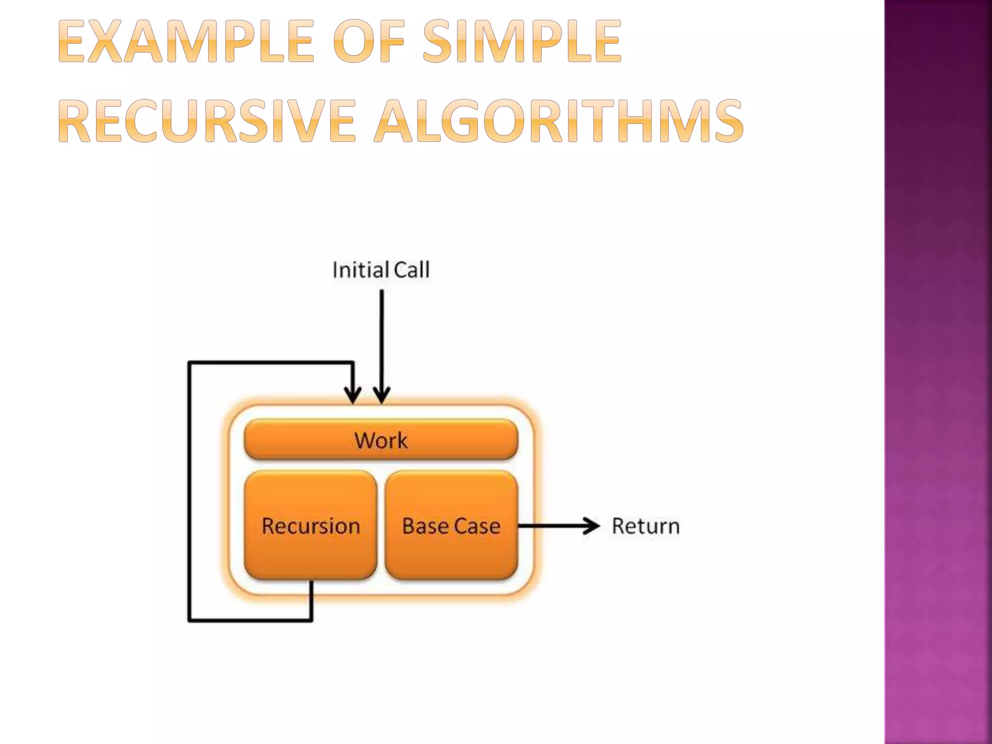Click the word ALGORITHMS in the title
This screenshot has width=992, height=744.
[x=558, y=121]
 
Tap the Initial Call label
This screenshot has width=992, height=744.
[x=381, y=270]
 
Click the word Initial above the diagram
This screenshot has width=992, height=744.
[x=360, y=270]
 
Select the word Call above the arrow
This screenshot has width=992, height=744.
[x=411, y=270]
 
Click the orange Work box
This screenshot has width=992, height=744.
[x=381, y=440]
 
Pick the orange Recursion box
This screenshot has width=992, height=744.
[x=310, y=526]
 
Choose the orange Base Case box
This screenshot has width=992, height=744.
[x=451, y=526]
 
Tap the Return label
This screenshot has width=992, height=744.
[x=646, y=526]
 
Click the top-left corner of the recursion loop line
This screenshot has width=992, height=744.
[x=189, y=362]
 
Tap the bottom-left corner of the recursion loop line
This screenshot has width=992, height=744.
[x=189, y=620]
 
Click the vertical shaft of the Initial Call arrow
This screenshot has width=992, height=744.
[x=382, y=339]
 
